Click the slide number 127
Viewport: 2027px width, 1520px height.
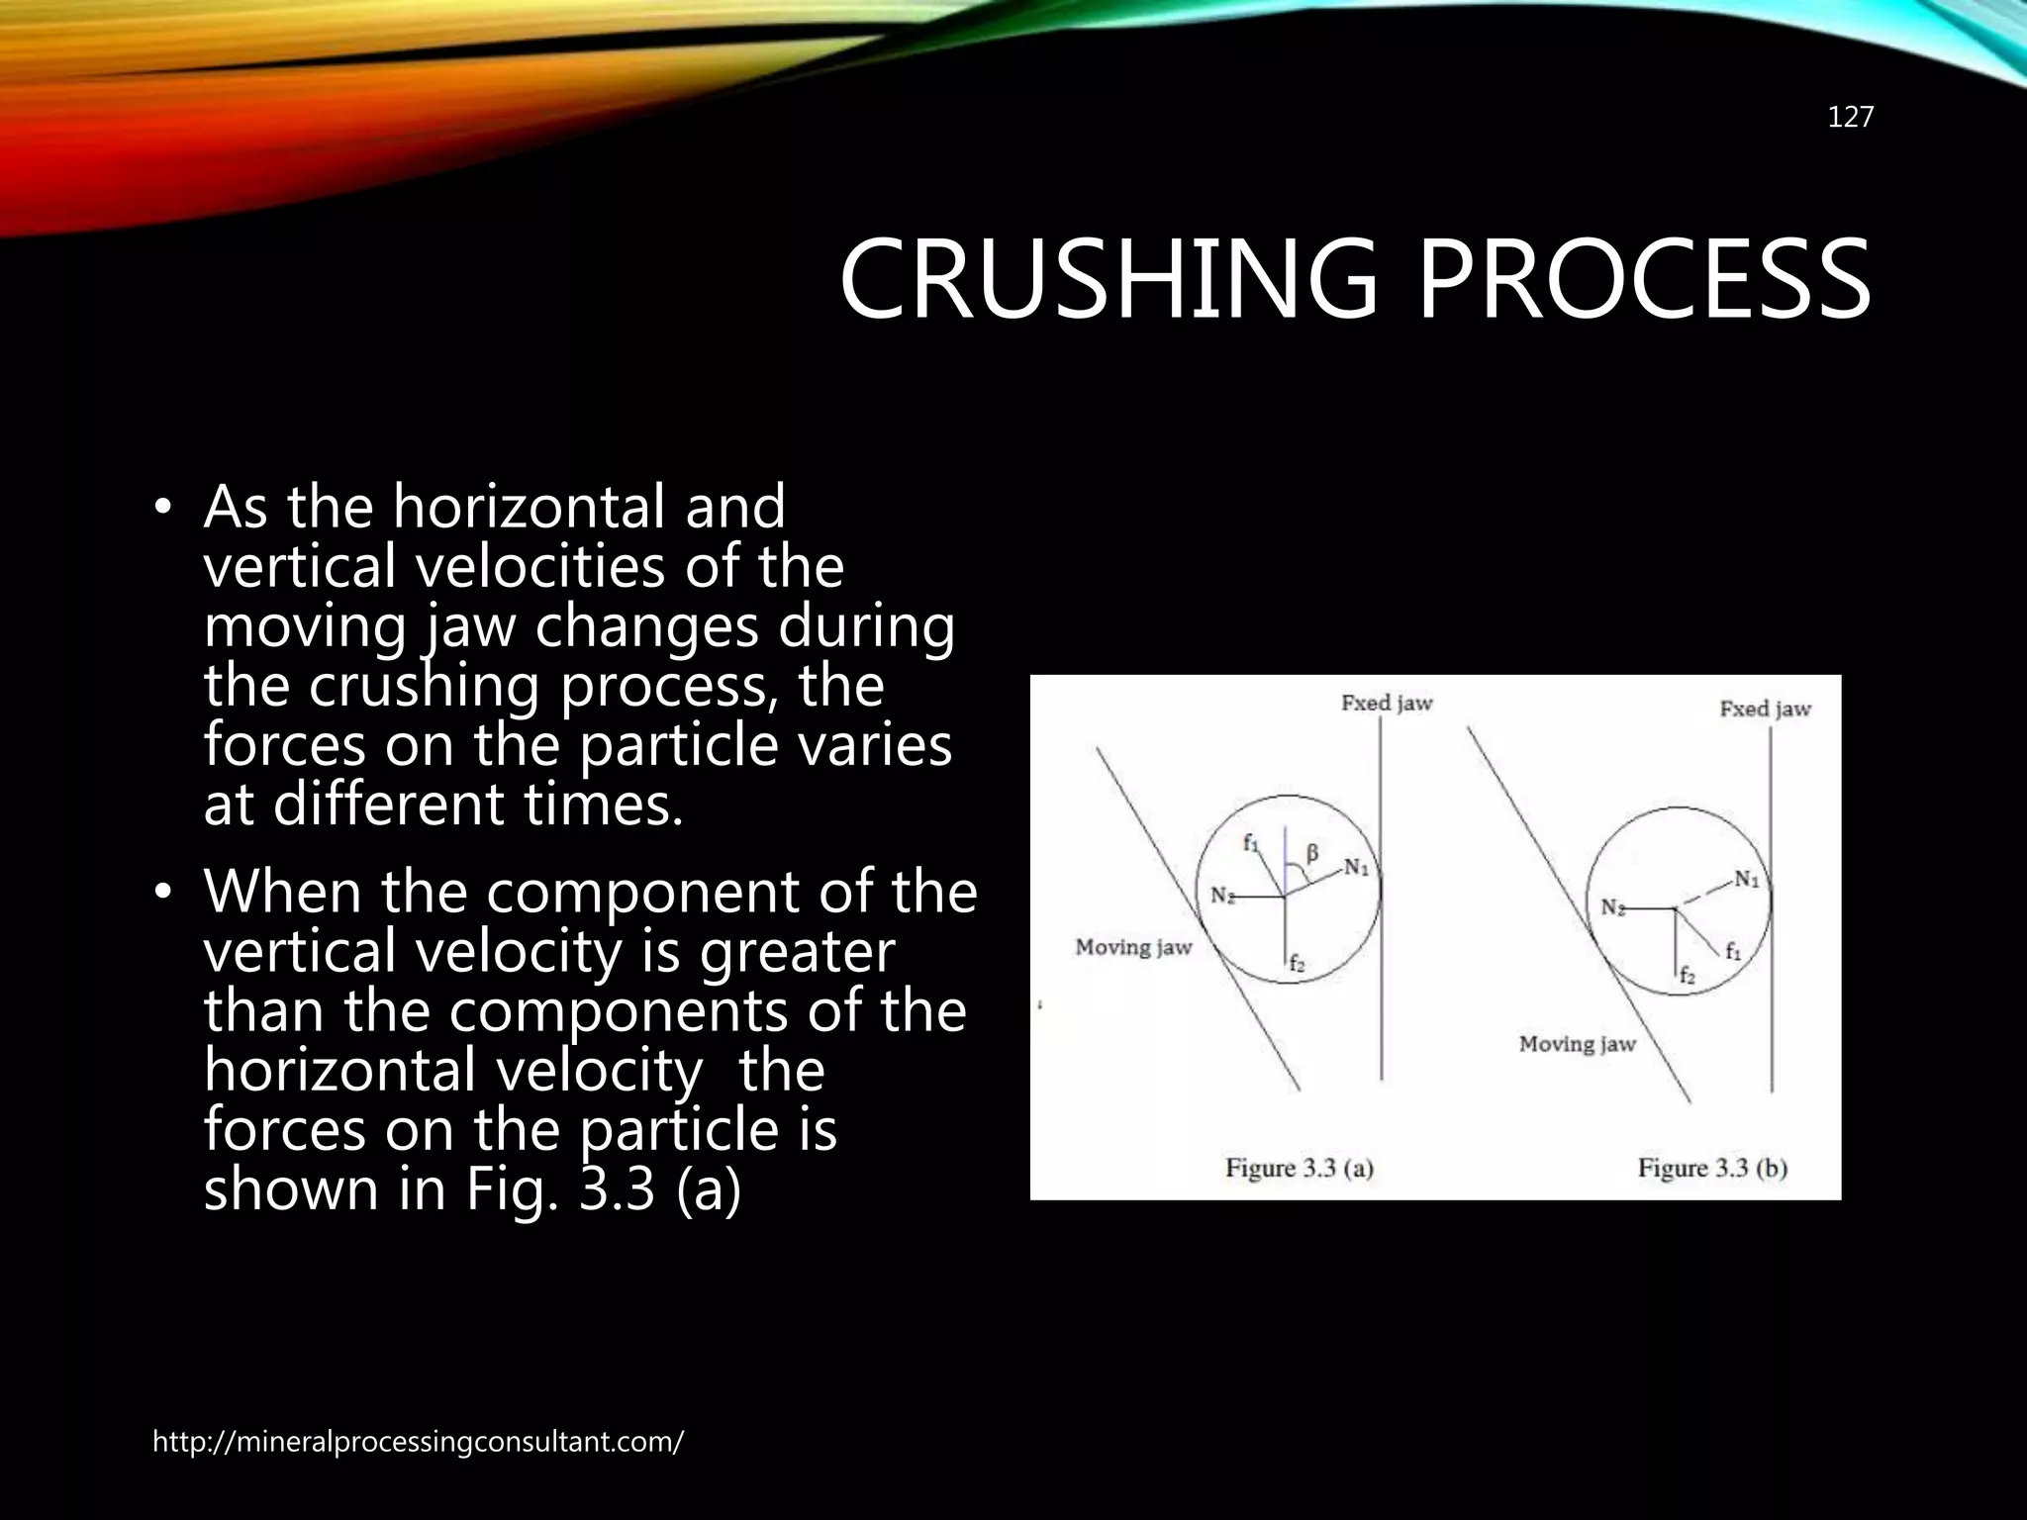(x=1850, y=118)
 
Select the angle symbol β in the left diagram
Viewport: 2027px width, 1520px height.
(x=1312, y=853)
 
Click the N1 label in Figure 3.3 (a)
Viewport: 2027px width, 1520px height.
(x=1356, y=868)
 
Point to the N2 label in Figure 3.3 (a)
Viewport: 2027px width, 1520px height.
(x=1223, y=897)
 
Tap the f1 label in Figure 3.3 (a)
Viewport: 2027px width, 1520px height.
(x=1251, y=844)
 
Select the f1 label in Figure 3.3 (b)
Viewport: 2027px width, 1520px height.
(x=1733, y=952)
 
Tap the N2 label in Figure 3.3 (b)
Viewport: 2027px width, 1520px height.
(x=1613, y=907)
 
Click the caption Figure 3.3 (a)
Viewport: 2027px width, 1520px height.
(x=1299, y=1169)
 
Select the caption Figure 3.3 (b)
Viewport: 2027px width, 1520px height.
(x=1712, y=1169)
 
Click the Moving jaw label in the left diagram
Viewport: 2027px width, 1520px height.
(x=1133, y=948)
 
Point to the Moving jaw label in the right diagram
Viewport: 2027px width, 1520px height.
(x=1577, y=1044)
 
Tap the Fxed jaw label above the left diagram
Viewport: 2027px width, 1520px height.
(x=1387, y=704)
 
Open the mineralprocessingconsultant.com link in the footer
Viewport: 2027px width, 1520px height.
(x=418, y=1442)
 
